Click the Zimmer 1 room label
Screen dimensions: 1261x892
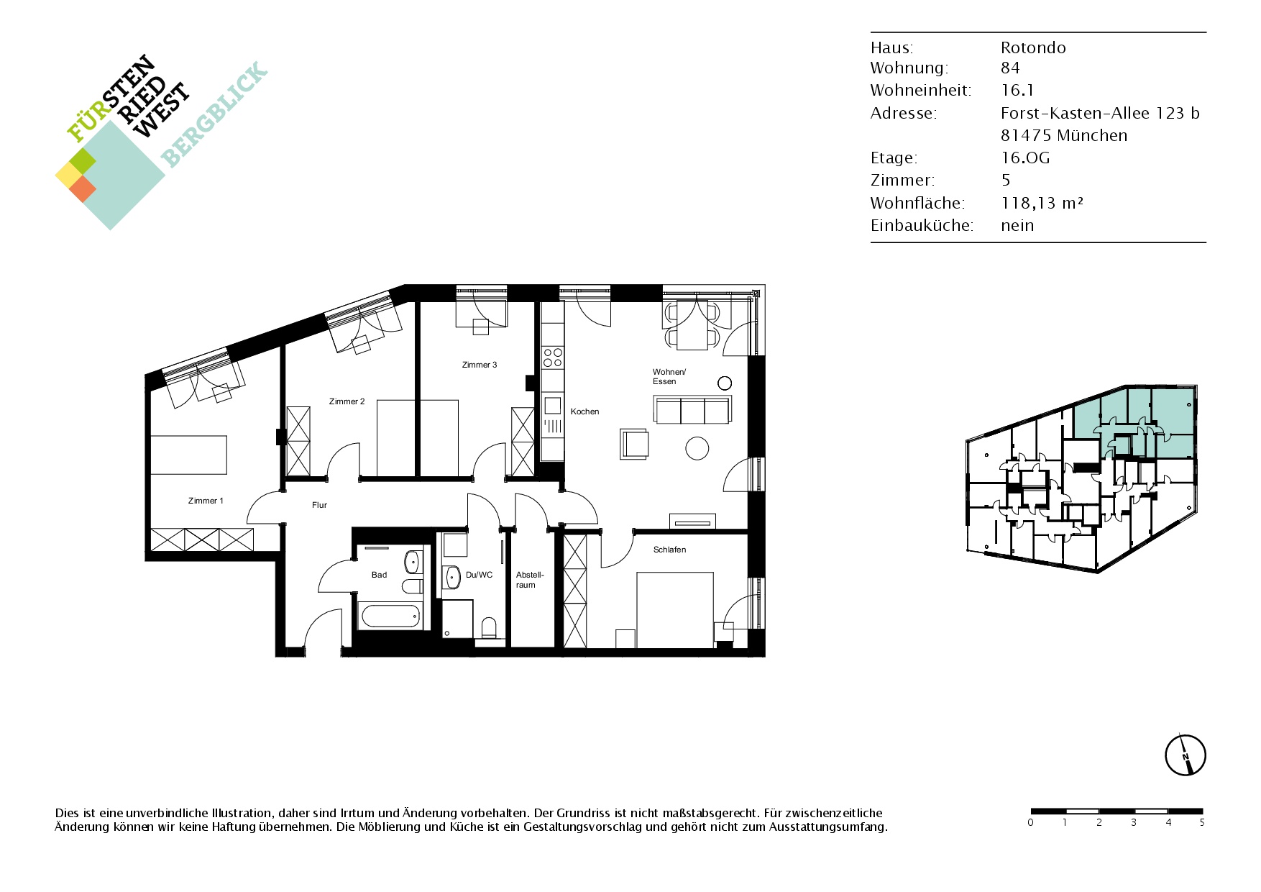206,501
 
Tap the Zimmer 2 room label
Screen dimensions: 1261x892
347,401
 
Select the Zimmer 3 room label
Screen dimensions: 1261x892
480,365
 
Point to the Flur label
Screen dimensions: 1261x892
319,505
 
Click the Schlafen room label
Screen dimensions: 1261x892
669,550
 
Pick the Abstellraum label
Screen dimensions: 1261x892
530,580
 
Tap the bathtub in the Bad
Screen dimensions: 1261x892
390,616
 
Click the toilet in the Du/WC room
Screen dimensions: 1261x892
489,627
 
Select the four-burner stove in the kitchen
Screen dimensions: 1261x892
552,358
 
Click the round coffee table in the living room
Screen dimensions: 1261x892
697,448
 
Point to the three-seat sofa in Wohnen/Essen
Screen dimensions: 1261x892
693,409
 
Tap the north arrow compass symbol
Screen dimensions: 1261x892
1185,755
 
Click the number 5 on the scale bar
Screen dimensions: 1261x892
1201,822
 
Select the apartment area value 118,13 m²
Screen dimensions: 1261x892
1042,203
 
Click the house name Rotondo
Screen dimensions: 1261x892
1033,47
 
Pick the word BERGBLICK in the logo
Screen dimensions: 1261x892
214,114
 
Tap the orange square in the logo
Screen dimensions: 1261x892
83,188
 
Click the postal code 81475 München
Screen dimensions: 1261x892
1064,135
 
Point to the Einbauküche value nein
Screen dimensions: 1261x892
1017,225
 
